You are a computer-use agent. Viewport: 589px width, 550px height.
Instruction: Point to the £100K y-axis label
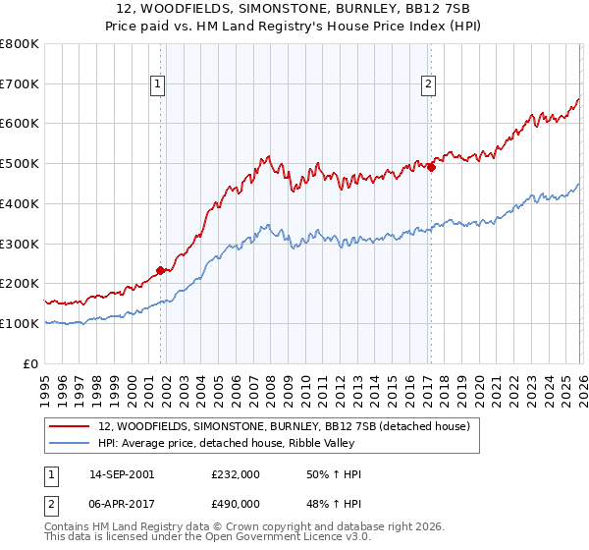pyautogui.click(x=21, y=323)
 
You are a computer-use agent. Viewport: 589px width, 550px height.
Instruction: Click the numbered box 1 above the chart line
pyautogui.click(x=157, y=85)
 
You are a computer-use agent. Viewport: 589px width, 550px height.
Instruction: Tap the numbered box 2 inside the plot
pyautogui.click(x=429, y=85)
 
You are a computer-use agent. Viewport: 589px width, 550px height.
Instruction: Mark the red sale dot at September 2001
pyautogui.click(x=160, y=270)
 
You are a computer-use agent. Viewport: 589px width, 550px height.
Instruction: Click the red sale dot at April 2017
pyautogui.click(x=431, y=167)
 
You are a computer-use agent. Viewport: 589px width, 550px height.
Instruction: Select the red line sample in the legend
pyautogui.click(x=71, y=426)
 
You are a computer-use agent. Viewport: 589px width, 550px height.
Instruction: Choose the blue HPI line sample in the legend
pyautogui.click(x=71, y=443)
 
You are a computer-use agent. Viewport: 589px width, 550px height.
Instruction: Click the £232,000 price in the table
pyautogui.click(x=236, y=474)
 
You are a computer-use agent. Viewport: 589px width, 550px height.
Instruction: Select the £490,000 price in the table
pyautogui.click(x=236, y=503)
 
